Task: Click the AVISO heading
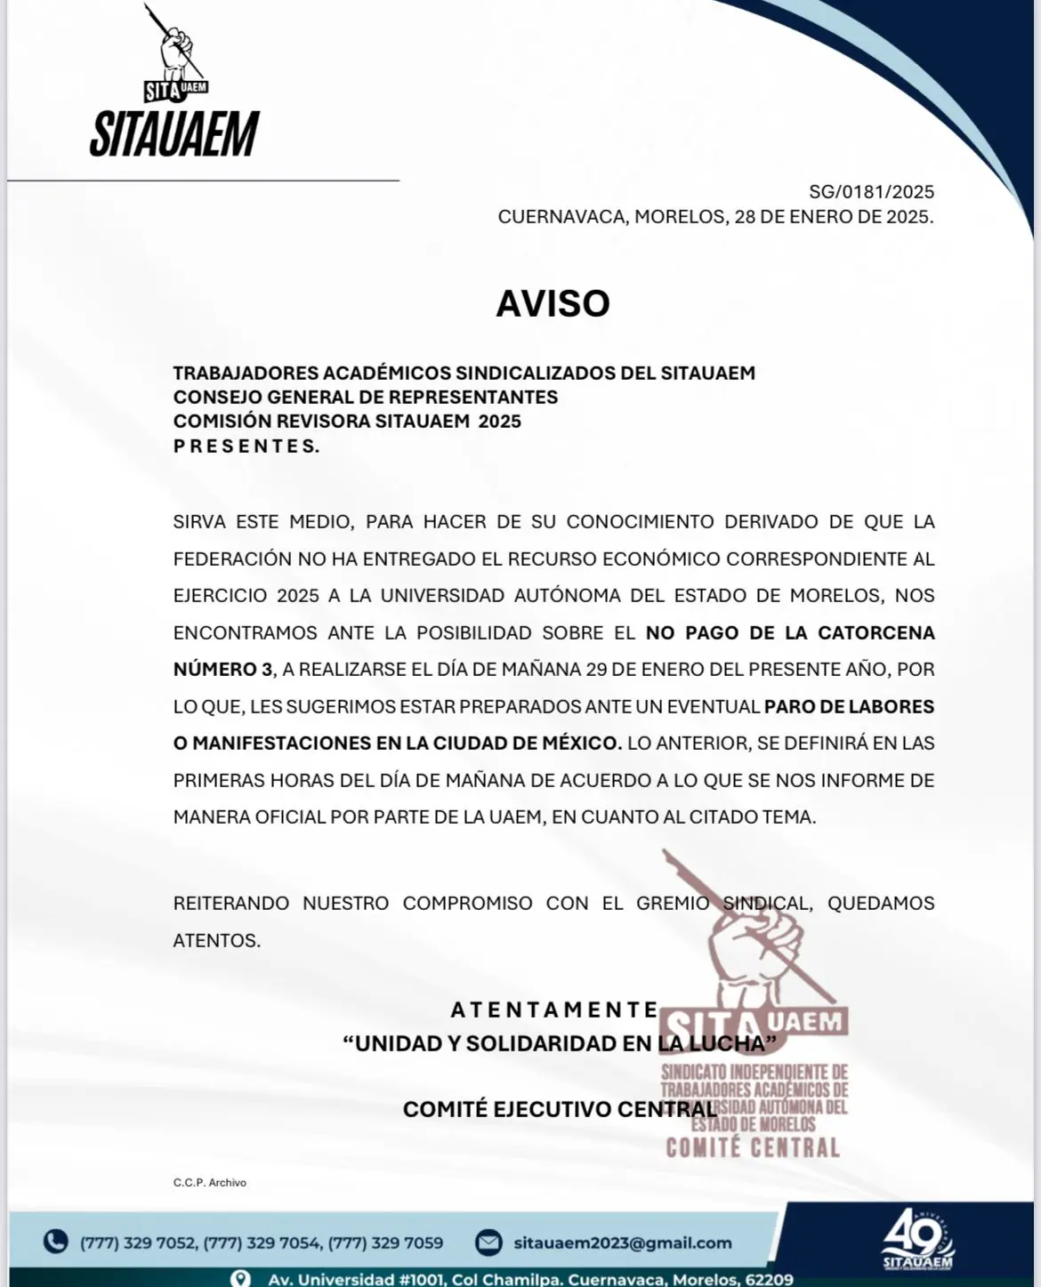click(553, 303)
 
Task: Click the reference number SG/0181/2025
click(871, 191)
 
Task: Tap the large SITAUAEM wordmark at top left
click(174, 134)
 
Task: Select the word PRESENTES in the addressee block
click(246, 446)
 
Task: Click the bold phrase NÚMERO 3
click(222, 669)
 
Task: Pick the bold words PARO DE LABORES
click(849, 706)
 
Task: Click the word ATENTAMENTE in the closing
click(554, 1009)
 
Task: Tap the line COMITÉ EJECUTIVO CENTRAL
click(560, 1109)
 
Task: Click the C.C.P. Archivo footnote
click(209, 1182)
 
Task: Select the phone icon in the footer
click(55, 1242)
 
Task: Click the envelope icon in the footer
click(488, 1242)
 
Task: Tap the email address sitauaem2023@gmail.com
click(623, 1243)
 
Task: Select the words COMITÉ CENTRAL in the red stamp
click(753, 1147)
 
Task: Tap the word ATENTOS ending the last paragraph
click(216, 940)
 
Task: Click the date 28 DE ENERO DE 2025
click(834, 216)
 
